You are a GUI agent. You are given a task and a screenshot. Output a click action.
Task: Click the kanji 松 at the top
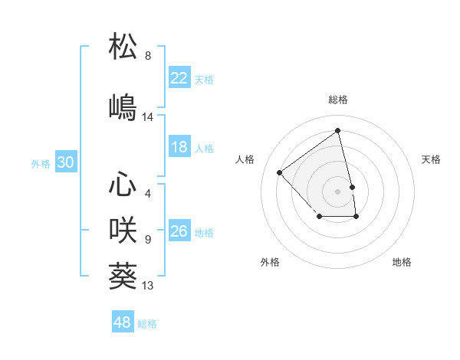[x=123, y=46]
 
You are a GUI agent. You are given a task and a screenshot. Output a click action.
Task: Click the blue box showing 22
[x=179, y=77]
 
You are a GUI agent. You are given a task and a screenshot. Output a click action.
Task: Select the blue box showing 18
[x=179, y=147]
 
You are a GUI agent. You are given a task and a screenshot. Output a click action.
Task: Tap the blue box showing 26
[x=179, y=231]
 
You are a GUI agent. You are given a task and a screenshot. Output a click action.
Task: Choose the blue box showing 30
[x=66, y=162]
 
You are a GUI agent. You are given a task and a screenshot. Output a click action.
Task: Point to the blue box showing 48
[x=123, y=322]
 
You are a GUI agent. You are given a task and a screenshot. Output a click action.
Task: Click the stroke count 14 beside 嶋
[x=148, y=117]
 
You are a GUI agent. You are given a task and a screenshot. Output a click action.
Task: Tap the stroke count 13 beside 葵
[x=148, y=286]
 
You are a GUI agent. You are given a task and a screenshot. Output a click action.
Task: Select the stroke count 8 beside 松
[x=148, y=56]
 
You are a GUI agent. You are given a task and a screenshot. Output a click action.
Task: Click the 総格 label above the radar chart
[x=338, y=100]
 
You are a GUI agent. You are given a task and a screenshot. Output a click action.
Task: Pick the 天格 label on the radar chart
[x=432, y=159]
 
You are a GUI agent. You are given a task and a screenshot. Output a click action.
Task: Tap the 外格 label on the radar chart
[x=270, y=262]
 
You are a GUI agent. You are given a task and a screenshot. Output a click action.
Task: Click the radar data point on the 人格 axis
[x=280, y=173]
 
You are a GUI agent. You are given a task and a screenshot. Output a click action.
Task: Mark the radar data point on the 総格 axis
[x=338, y=130]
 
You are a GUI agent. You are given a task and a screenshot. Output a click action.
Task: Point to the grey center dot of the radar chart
[x=338, y=191]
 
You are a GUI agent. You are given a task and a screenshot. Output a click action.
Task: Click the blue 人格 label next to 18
[x=204, y=148]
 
